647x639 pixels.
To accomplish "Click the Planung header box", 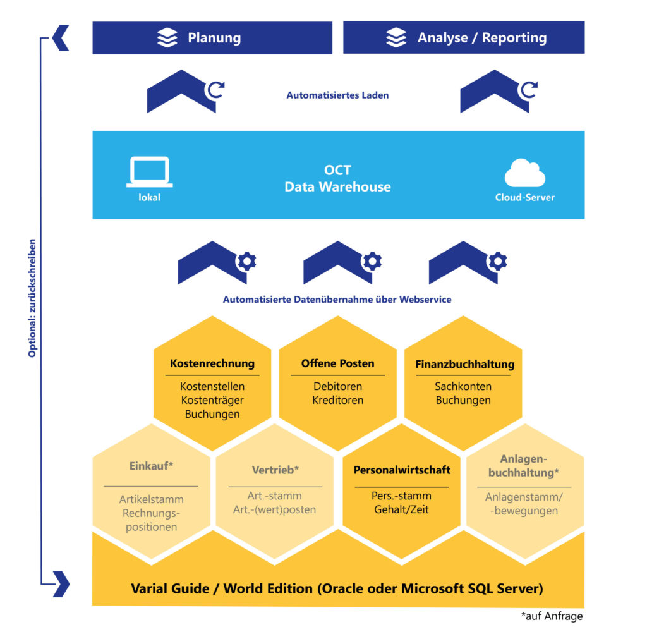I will point(212,38).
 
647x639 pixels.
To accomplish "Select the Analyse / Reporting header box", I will point(464,38).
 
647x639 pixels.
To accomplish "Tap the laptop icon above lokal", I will point(149,171).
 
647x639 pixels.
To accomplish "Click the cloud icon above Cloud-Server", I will point(524,173).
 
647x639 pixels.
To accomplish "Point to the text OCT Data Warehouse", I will point(337,179).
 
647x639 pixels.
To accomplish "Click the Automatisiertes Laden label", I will point(337,95).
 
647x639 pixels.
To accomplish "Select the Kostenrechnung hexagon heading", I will point(212,363).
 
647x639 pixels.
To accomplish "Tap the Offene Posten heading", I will point(337,363).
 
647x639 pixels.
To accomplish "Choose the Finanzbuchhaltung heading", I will point(464,364).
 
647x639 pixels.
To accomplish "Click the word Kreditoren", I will point(337,400).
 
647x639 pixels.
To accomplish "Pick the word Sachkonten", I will point(463,386).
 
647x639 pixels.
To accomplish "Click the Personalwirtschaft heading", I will point(402,470).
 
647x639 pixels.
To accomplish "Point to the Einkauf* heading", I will point(151,466).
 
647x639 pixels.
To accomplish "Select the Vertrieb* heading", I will point(275,470).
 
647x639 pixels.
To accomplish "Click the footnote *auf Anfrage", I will point(552,616).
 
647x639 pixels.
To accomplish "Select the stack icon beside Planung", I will point(167,38).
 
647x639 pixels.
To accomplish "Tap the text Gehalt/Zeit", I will point(401,509).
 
